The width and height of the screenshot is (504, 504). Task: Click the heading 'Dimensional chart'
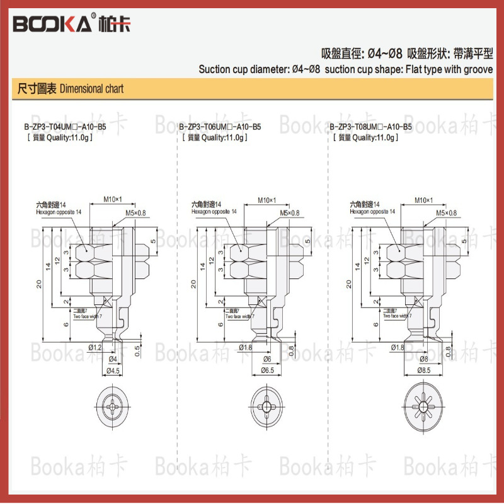click(x=91, y=89)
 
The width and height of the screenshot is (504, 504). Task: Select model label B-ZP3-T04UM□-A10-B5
click(x=65, y=127)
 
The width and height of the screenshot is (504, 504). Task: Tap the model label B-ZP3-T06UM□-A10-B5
click(x=219, y=127)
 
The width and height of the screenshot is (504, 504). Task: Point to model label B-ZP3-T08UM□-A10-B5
click(x=371, y=127)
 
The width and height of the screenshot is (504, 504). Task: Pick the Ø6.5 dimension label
click(x=267, y=371)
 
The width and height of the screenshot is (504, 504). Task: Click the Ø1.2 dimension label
click(x=94, y=347)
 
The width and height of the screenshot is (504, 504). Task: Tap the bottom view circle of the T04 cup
click(x=113, y=404)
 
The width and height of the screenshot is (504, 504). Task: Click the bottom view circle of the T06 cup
click(x=268, y=404)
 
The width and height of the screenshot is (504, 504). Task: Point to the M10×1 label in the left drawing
click(x=112, y=200)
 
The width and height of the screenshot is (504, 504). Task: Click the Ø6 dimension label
click(x=267, y=358)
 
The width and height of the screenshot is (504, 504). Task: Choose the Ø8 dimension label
click(x=423, y=358)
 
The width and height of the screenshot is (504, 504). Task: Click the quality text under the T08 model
click(x=365, y=137)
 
